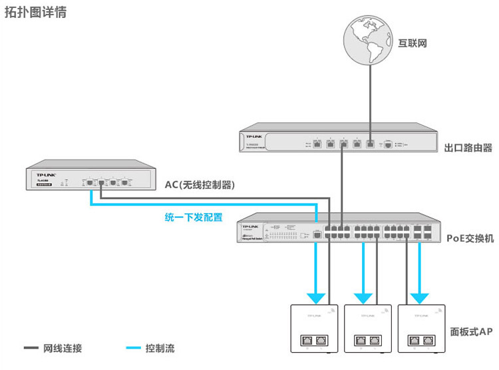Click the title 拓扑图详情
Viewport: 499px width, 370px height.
(x=35, y=13)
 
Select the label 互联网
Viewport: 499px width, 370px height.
(x=412, y=44)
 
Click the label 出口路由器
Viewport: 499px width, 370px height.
(x=468, y=147)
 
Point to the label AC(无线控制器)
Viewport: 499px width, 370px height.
(x=200, y=184)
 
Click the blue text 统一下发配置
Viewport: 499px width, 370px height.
(x=193, y=217)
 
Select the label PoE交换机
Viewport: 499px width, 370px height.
(x=470, y=238)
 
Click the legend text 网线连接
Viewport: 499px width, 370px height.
(x=63, y=348)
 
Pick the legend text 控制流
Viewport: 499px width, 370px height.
(x=160, y=348)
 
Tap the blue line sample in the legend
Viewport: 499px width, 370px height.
(x=133, y=348)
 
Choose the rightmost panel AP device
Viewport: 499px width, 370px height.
(x=420, y=328)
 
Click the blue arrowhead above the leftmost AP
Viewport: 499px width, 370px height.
(x=316, y=297)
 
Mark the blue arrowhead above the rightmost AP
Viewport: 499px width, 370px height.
(x=420, y=297)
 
